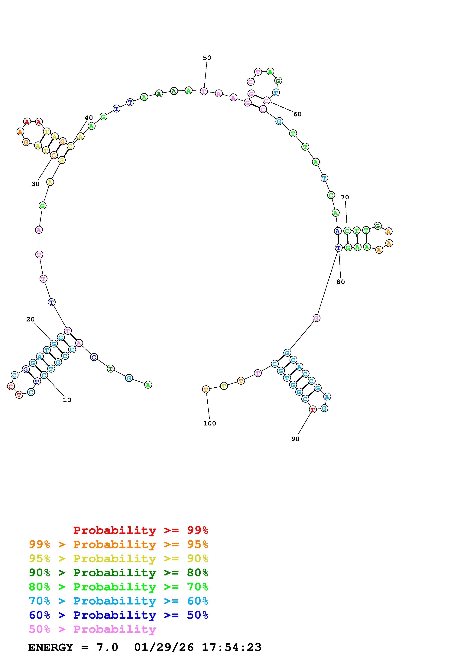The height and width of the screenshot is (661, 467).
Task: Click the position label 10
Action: click(67, 400)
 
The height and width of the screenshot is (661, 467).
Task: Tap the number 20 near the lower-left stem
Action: click(30, 319)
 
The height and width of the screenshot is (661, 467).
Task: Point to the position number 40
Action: click(89, 118)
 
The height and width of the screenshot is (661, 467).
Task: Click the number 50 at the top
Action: click(207, 58)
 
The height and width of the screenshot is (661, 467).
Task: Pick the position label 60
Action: click(297, 114)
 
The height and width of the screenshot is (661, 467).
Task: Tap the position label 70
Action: click(345, 197)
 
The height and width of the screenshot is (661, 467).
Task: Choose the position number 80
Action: click(340, 282)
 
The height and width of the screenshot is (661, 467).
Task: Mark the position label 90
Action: click(295, 439)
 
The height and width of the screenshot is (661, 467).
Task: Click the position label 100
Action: click(209, 423)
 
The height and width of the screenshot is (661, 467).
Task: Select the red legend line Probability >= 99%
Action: click(141, 530)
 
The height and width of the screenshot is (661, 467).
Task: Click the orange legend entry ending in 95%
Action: click(118, 544)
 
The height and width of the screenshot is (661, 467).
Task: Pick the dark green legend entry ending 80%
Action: click(118, 573)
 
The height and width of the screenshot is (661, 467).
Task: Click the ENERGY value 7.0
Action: click(107, 647)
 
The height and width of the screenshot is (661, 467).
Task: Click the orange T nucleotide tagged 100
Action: click(206, 389)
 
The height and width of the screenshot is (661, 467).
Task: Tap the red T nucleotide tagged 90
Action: click(313, 409)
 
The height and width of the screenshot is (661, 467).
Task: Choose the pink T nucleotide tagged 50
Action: click(204, 92)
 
